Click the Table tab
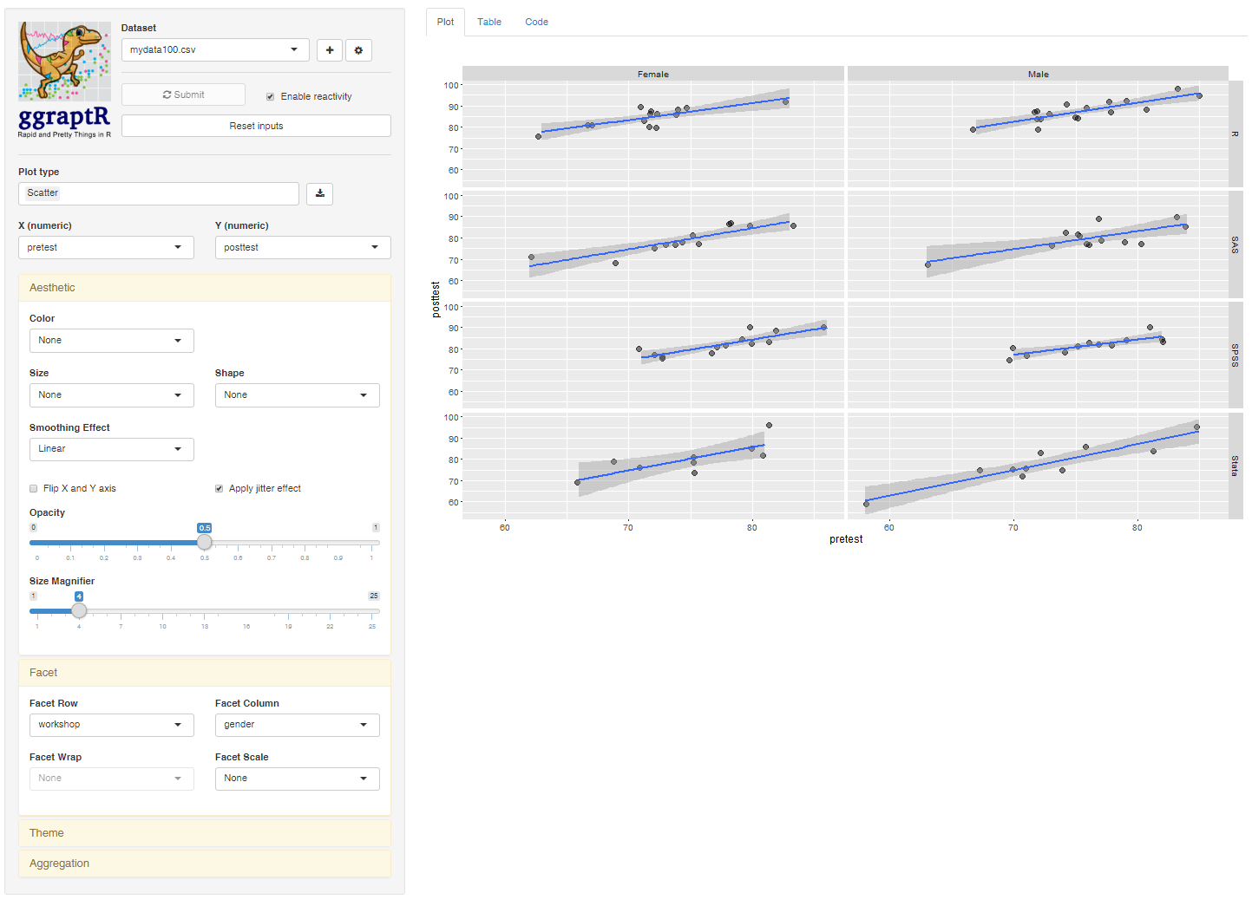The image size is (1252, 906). [x=488, y=22]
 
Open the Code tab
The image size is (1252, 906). [x=536, y=22]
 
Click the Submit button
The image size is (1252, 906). [x=183, y=95]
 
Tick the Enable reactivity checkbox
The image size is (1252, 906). [x=271, y=97]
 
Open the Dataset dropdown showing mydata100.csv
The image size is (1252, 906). [x=214, y=50]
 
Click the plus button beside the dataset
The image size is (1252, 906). [x=330, y=50]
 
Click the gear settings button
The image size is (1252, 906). [x=358, y=50]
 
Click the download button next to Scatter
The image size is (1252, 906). [x=319, y=193]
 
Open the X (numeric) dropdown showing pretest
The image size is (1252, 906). [x=105, y=248]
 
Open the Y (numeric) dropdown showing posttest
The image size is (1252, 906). [x=302, y=248]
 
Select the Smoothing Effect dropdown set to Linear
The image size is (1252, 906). [x=111, y=449]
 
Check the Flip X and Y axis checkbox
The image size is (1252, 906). [x=34, y=489]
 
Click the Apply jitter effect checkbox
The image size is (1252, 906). [x=220, y=489]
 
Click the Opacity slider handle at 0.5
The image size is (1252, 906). [x=205, y=543]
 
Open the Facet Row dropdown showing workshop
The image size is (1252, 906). [x=111, y=725]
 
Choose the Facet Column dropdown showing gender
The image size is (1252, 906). [x=297, y=725]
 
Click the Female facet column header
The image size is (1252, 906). [x=652, y=75]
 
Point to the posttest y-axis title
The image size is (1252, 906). [x=436, y=299]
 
